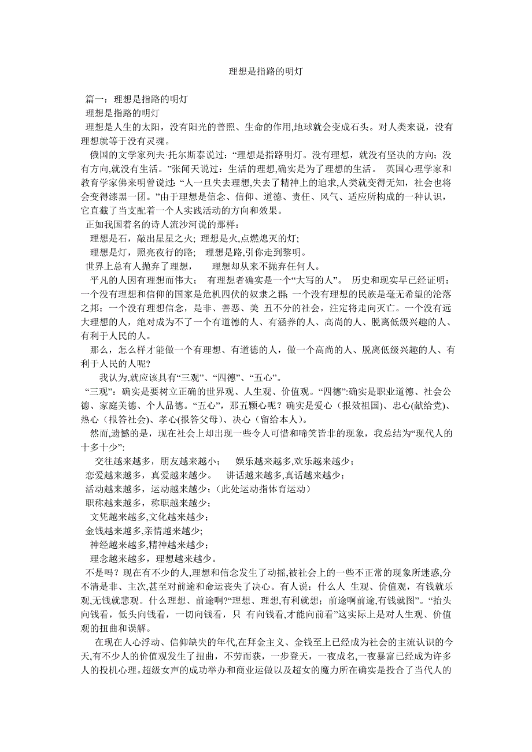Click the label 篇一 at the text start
[x=94, y=99]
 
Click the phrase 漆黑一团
[x=132, y=196]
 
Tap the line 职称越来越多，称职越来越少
[x=146, y=503]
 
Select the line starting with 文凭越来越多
[x=149, y=517]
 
